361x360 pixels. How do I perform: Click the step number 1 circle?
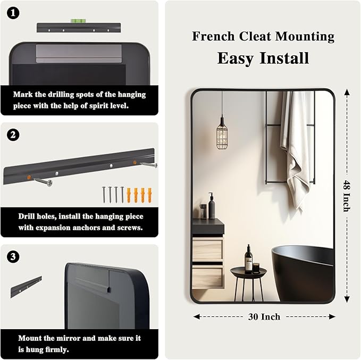13,13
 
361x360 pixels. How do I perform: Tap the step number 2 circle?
13,135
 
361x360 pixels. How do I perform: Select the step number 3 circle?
13,257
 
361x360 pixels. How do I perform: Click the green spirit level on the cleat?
78,21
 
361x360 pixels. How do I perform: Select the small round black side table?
249,283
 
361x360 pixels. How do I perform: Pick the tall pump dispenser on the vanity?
212,206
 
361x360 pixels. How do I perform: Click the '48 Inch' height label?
347,196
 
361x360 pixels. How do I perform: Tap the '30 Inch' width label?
264,317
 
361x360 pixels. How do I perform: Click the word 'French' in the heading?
213,36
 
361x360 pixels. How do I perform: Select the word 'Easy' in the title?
236,58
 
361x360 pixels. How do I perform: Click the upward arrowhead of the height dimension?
347,93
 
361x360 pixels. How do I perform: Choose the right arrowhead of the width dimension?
332,317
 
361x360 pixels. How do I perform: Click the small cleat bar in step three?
26,287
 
